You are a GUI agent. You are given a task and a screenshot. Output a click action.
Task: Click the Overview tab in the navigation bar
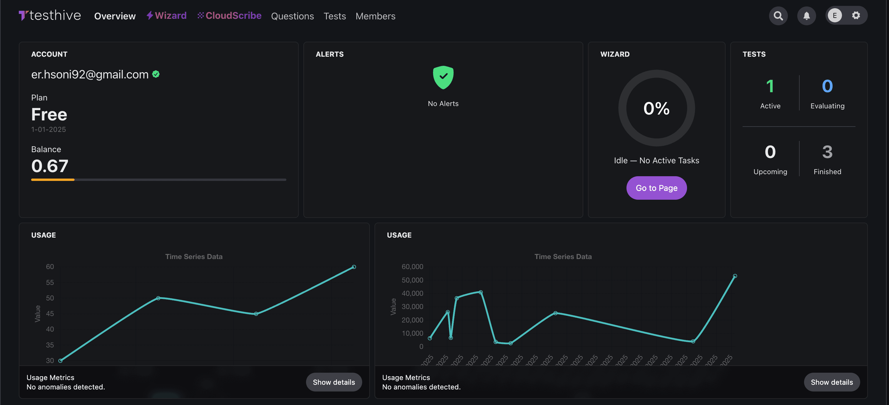(x=115, y=16)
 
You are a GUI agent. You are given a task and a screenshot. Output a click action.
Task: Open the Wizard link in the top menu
(x=167, y=16)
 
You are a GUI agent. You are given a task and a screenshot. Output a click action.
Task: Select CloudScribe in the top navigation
(x=230, y=16)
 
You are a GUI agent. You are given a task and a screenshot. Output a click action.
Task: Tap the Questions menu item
(x=292, y=16)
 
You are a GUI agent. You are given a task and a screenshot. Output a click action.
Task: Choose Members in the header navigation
(x=375, y=16)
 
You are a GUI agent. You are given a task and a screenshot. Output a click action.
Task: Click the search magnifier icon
(x=778, y=16)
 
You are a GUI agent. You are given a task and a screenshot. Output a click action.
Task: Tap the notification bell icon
(x=806, y=16)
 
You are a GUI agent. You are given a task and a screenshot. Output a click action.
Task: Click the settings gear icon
(x=856, y=15)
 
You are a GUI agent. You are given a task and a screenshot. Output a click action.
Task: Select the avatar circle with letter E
(x=835, y=16)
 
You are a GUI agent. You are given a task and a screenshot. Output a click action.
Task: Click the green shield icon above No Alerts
(x=443, y=77)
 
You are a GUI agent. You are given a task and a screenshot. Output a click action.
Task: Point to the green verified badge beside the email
(x=156, y=74)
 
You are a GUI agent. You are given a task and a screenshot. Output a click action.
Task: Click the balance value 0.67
(x=50, y=166)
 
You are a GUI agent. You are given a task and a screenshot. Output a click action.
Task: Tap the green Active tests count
(x=770, y=86)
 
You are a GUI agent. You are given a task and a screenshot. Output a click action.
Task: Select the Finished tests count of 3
(x=827, y=152)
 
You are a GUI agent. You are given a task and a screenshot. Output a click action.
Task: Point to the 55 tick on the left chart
(x=50, y=282)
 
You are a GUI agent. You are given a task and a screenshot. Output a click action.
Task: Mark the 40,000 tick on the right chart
(x=412, y=293)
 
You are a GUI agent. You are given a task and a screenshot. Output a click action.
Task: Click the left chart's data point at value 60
(x=354, y=267)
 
